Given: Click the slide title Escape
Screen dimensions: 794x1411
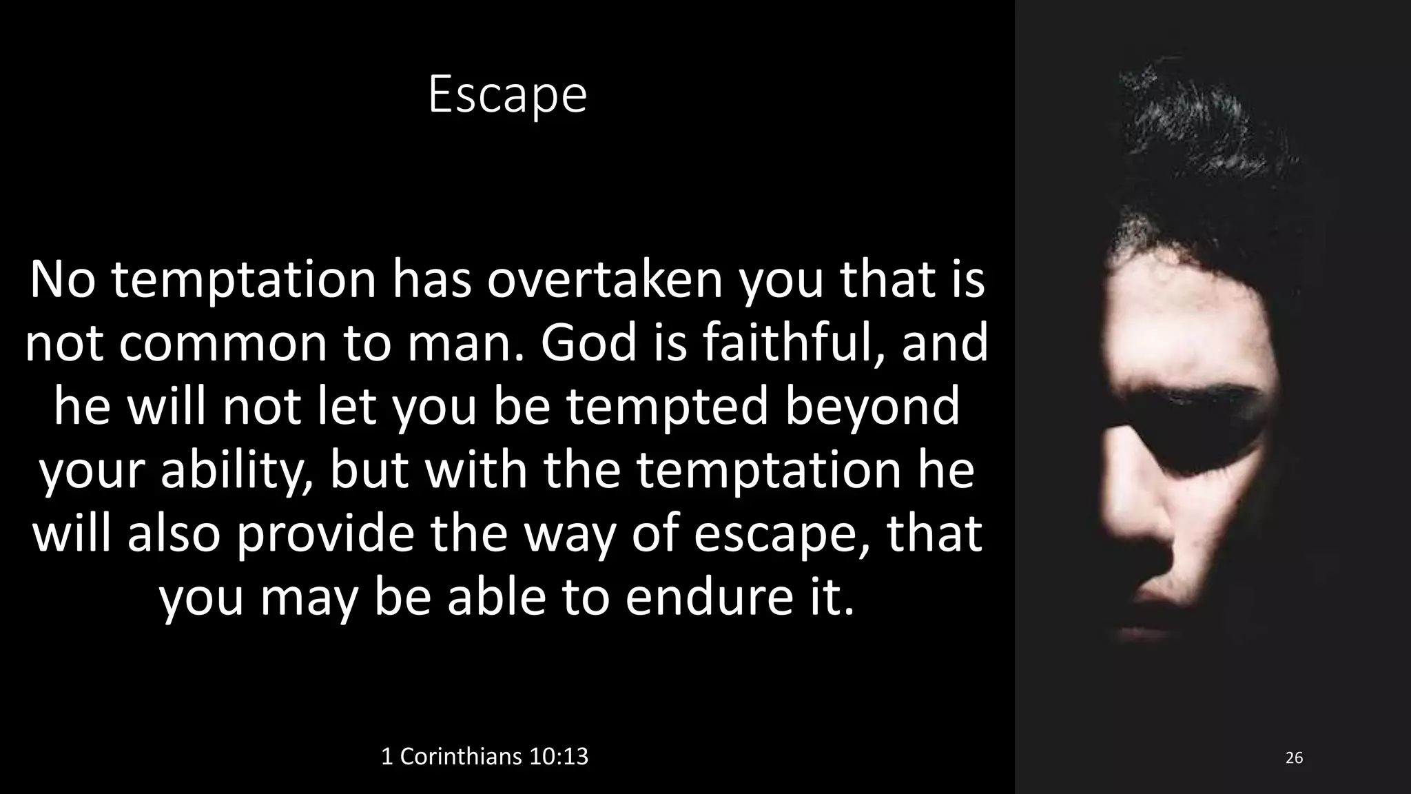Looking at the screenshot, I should tap(507, 95).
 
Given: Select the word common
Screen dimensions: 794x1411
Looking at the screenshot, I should tap(223, 343).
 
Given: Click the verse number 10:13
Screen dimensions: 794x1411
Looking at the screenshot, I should tap(559, 757).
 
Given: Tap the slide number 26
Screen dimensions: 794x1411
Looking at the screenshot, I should tap(1294, 758).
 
